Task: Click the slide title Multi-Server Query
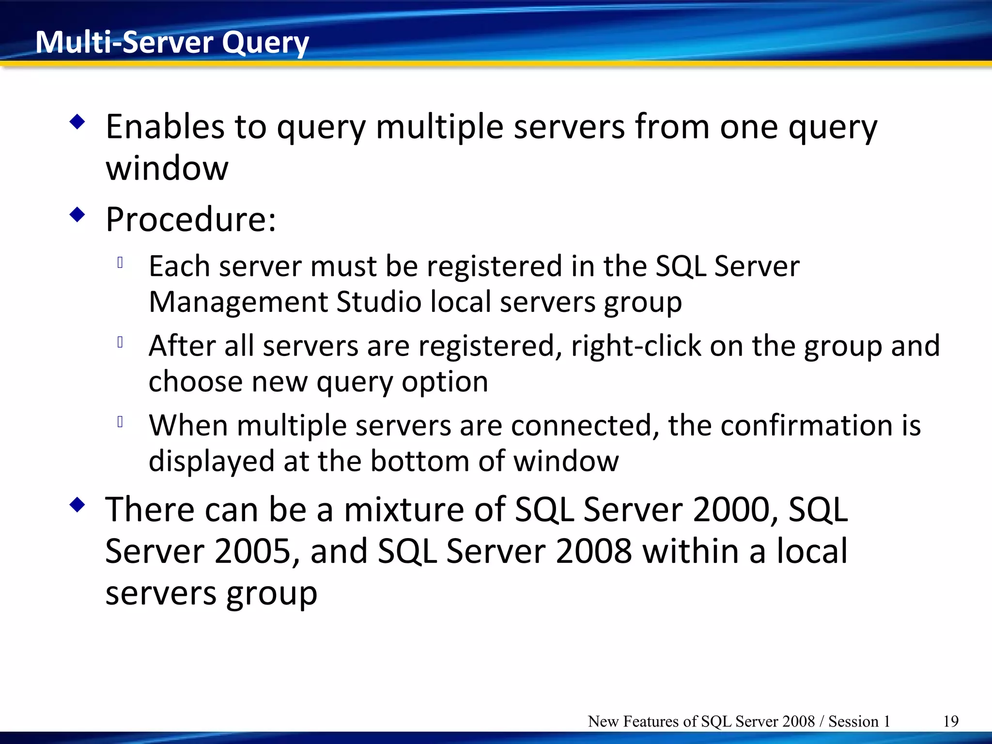pyautogui.click(x=172, y=43)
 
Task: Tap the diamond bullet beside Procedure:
pyautogui.click(x=77, y=215)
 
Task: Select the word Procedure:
pyautogui.click(x=191, y=220)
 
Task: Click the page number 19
pyautogui.click(x=951, y=721)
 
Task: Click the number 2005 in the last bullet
pyautogui.click(x=251, y=551)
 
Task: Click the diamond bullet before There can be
pyautogui.click(x=77, y=505)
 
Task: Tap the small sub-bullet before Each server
pyautogui.click(x=120, y=263)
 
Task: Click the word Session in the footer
pyautogui.click(x=853, y=721)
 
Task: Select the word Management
pyautogui.click(x=238, y=302)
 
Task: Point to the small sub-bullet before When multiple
pyautogui.click(x=120, y=422)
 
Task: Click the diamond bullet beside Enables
pyautogui.click(x=77, y=122)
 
